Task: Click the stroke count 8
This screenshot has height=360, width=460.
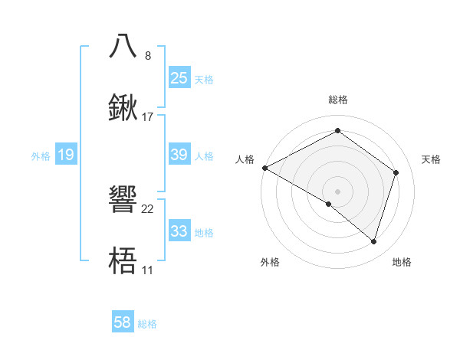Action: click(x=148, y=56)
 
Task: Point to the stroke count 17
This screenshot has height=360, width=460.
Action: click(x=148, y=117)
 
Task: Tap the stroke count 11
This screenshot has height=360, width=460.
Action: click(x=147, y=270)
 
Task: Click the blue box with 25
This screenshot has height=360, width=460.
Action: click(x=179, y=77)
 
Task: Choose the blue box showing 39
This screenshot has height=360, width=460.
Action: click(x=179, y=155)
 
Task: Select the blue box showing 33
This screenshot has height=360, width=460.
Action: click(x=179, y=231)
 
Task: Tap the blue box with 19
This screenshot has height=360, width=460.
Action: click(x=66, y=155)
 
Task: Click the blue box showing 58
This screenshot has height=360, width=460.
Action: click(x=123, y=322)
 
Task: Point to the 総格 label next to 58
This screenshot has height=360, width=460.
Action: click(x=147, y=324)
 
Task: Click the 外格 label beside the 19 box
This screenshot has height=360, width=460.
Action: click(x=41, y=156)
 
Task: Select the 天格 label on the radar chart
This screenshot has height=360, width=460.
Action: click(x=431, y=159)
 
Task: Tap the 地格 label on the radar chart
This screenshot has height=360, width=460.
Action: click(x=402, y=262)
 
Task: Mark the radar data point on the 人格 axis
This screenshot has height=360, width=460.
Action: click(x=264, y=168)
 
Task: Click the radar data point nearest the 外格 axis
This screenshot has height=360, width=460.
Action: click(x=329, y=204)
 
